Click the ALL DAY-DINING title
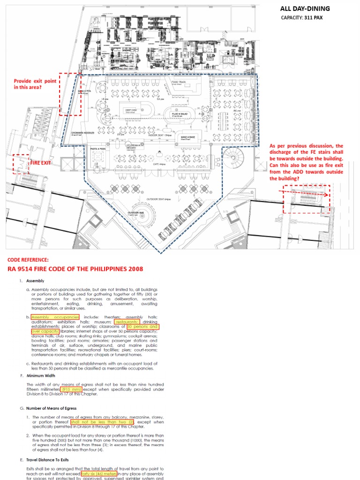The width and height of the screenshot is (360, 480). click(305, 8)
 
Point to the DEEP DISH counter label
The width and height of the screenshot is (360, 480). click(131, 111)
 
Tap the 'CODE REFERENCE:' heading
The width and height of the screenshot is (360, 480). click(28, 260)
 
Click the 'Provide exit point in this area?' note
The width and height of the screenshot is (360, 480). click(35, 84)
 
